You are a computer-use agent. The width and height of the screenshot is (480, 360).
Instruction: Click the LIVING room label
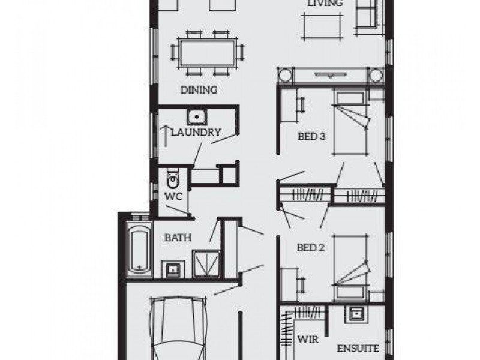pyautogui.click(x=325, y=4)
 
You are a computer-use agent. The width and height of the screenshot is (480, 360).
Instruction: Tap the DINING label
pyautogui.click(x=199, y=91)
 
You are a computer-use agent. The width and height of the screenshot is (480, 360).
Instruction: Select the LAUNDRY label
pyautogui.click(x=196, y=132)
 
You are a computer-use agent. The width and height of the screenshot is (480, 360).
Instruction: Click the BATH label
pyautogui.click(x=178, y=238)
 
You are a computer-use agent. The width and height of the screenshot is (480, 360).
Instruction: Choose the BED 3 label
pyautogui.click(x=311, y=136)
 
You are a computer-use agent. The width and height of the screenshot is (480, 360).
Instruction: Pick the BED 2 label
pyautogui.click(x=311, y=247)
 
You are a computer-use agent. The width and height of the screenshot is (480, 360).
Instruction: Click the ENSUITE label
pyautogui.click(x=358, y=348)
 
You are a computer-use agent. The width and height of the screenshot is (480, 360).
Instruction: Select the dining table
pyautogui.click(x=206, y=53)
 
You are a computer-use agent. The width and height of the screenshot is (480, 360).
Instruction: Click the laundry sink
pyautogui.click(x=196, y=117)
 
